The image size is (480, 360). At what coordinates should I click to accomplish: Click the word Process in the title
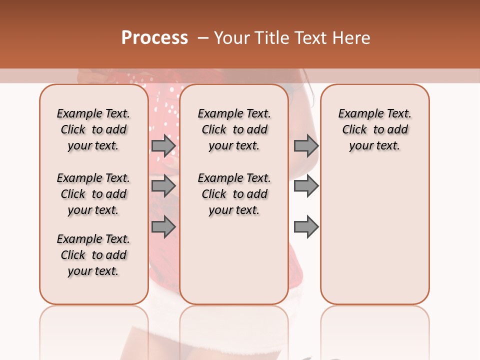click(154, 38)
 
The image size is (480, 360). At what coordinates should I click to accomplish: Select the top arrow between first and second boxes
click(163, 145)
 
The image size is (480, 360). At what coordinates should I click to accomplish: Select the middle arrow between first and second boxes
click(163, 186)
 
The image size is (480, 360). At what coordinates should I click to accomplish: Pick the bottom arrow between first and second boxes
click(163, 226)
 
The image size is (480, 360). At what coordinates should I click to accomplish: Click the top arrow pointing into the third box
click(306, 145)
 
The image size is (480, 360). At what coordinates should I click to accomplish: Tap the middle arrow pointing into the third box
click(306, 186)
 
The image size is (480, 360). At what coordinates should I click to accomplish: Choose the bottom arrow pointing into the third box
click(306, 226)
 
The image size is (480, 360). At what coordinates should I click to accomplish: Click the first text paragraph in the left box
click(93, 129)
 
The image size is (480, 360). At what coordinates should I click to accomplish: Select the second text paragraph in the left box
click(93, 194)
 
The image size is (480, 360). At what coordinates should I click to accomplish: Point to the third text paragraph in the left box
click(93, 255)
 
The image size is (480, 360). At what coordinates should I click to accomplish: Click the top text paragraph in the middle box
click(234, 129)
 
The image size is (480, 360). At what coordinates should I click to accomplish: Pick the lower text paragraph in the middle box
click(234, 194)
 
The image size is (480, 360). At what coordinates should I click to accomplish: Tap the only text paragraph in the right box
click(374, 129)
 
